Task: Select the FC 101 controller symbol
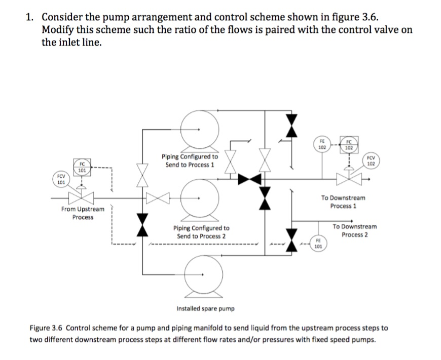82,167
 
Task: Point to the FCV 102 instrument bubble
371,161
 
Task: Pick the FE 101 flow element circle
318,244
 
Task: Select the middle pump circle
200,198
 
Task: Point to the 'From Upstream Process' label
83,213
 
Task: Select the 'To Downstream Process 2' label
355,230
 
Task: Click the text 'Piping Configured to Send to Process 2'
201,232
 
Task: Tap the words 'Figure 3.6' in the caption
46,328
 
